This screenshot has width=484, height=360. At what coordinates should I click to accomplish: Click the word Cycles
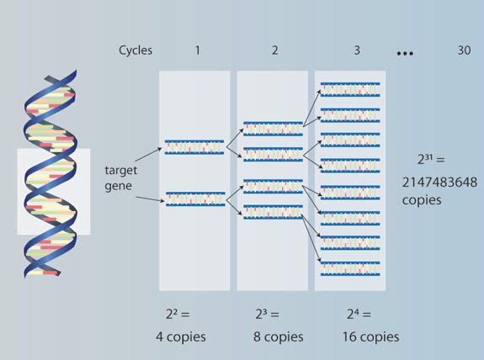(136, 50)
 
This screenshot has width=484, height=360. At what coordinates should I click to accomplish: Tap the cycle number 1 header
(198, 50)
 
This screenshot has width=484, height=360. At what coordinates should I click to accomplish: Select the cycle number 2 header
(275, 50)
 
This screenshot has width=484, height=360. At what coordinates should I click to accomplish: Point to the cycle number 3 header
(357, 50)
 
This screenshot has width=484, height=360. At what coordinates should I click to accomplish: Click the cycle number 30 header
(464, 50)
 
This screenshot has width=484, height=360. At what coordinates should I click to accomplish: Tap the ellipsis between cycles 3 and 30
(405, 53)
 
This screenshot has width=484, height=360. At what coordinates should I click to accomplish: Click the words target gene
(120, 178)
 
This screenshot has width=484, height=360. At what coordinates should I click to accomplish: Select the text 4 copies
(181, 336)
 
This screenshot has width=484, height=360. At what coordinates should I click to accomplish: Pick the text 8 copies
(278, 336)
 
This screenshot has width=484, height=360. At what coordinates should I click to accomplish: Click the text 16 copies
(370, 336)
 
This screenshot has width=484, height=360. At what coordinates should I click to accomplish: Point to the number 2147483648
(439, 183)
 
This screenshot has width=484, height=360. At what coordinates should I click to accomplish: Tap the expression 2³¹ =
(431, 159)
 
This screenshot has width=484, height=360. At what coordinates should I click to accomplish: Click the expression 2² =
(178, 315)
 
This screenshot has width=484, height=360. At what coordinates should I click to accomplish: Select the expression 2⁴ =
(359, 315)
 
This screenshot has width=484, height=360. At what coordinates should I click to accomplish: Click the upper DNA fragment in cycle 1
(194, 147)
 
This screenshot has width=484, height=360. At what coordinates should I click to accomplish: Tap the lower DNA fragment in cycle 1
(195, 199)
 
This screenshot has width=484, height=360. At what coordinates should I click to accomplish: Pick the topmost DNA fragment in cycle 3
(350, 89)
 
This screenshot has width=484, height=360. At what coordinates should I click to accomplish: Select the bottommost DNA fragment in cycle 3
(350, 268)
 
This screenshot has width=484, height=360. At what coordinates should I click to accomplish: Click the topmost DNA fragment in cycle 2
(274, 129)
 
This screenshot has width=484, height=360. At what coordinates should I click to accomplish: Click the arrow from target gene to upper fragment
(148, 155)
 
